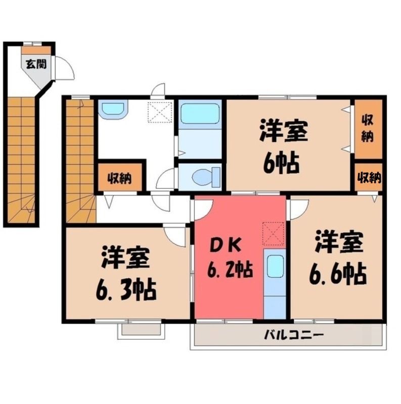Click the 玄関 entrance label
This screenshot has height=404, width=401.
(x=36, y=64)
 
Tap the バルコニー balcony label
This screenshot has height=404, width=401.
(x=293, y=335)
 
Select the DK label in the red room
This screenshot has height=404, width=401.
(x=226, y=246)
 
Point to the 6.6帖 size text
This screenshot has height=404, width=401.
(x=338, y=273)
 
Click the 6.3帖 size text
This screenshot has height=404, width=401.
(x=126, y=289)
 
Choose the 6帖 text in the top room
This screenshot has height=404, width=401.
(x=281, y=163)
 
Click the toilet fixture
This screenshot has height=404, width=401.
(x=206, y=177)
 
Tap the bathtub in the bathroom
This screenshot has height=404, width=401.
(x=200, y=114)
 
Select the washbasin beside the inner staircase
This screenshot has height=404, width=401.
(x=113, y=110)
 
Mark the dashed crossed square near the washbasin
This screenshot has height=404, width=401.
(x=160, y=112)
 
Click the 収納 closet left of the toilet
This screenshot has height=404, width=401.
(x=120, y=177)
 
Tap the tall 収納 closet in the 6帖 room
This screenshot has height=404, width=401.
(x=368, y=129)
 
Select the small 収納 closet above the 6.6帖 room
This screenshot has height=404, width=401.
(x=369, y=177)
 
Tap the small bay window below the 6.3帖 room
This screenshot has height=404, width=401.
(x=141, y=331)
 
